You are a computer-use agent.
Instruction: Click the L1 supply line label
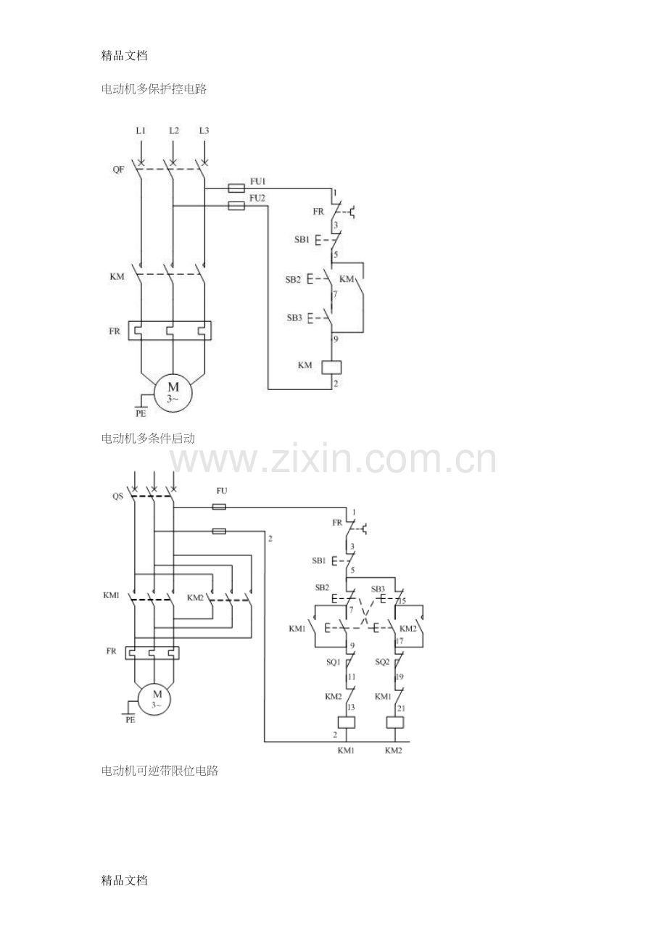(141, 131)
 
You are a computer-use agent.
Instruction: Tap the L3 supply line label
(204, 131)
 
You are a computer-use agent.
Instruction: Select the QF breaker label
(118, 170)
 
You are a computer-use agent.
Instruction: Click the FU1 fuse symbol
(236, 188)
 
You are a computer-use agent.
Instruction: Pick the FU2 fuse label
(257, 198)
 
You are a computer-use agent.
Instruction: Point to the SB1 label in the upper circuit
(302, 239)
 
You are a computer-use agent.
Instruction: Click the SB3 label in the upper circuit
(294, 318)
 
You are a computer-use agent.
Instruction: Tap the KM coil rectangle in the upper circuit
(331, 368)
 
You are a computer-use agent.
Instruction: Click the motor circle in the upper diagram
(173, 393)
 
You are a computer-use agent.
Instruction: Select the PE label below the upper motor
(141, 413)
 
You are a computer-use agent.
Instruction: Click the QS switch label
(117, 496)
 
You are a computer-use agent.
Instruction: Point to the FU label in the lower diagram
(222, 491)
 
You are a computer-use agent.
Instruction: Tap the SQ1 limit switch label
(333, 662)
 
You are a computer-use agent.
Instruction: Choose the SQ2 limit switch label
(382, 662)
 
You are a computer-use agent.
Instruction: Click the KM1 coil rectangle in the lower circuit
(347, 722)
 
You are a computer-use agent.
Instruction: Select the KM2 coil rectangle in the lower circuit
(395, 722)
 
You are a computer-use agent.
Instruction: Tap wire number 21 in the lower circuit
(401, 708)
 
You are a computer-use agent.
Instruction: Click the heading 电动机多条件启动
(148, 439)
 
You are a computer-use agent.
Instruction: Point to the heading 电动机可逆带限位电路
(159, 771)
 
